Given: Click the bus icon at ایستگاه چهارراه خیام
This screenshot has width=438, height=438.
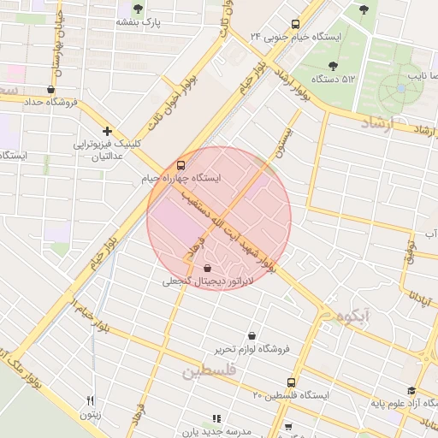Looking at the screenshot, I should click(180, 165).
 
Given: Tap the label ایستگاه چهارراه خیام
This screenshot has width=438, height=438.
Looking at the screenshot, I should click(181, 179).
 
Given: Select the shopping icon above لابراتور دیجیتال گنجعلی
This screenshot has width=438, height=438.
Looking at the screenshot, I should click(208, 269).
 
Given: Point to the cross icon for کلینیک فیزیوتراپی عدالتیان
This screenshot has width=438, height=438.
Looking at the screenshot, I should click(107, 131).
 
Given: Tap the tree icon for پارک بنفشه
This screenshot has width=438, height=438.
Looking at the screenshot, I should click(138, 9).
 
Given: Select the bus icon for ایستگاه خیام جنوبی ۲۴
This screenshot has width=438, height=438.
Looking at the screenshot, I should click(295, 24).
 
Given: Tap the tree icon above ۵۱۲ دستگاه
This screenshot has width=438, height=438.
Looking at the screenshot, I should click(333, 65).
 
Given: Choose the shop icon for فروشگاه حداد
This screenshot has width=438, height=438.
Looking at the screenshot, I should click(51, 89).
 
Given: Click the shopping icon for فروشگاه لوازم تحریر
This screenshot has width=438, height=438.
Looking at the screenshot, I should click(252, 335).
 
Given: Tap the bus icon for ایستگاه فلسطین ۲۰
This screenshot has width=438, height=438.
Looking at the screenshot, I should click(292, 382).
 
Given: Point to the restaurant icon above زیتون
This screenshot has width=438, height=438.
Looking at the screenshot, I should click(90, 400).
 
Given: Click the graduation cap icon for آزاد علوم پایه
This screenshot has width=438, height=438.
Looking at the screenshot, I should click(423, 390).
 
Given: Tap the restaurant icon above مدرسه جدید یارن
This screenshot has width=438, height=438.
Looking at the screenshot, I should click(216, 419).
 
